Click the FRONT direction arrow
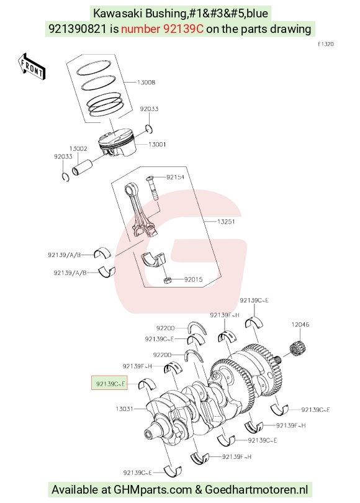(x=32, y=66)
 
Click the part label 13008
(x=146, y=83)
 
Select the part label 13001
(x=157, y=145)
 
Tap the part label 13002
(x=78, y=148)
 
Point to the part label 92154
(x=176, y=177)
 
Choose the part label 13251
(x=226, y=222)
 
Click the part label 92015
(x=193, y=279)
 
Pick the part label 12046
(x=300, y=325)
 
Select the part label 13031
(x=124, y=409)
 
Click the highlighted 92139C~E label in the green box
(x=110, y=383)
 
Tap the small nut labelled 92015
(x=168, y=281)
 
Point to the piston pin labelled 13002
(x=83, y=167)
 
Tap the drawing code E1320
(x=326, y=44)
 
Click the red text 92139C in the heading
(x=183, y=29)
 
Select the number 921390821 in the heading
(x=77, y=29)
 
